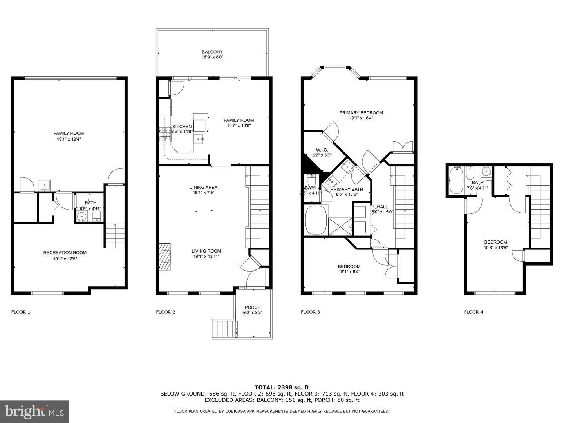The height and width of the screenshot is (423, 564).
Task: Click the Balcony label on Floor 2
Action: (212, 52)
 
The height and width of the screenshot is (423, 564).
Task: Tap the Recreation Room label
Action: (65, 253)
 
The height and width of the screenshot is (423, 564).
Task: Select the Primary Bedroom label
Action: (361, 113)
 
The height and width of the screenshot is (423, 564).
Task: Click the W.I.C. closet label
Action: (322, 150)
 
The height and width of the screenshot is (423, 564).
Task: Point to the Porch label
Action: (253, 307)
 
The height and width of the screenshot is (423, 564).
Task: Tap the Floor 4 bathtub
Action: (456, 180)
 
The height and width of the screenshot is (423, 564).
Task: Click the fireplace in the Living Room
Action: (165, 256)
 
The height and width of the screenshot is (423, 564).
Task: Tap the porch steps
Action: (224, 329)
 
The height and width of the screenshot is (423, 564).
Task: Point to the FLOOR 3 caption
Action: (310, 312)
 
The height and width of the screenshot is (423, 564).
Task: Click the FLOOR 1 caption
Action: (21, 312)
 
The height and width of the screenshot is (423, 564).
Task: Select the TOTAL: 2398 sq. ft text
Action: (282, 387)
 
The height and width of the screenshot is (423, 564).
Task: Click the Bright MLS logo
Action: (34, 411)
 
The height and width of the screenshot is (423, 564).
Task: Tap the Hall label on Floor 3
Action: (382, 207)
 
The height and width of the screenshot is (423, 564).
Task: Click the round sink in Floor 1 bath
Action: (83, 217)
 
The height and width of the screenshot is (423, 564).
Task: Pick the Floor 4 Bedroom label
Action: (495, 242)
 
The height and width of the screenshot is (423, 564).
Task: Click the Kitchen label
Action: (182, 127)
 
